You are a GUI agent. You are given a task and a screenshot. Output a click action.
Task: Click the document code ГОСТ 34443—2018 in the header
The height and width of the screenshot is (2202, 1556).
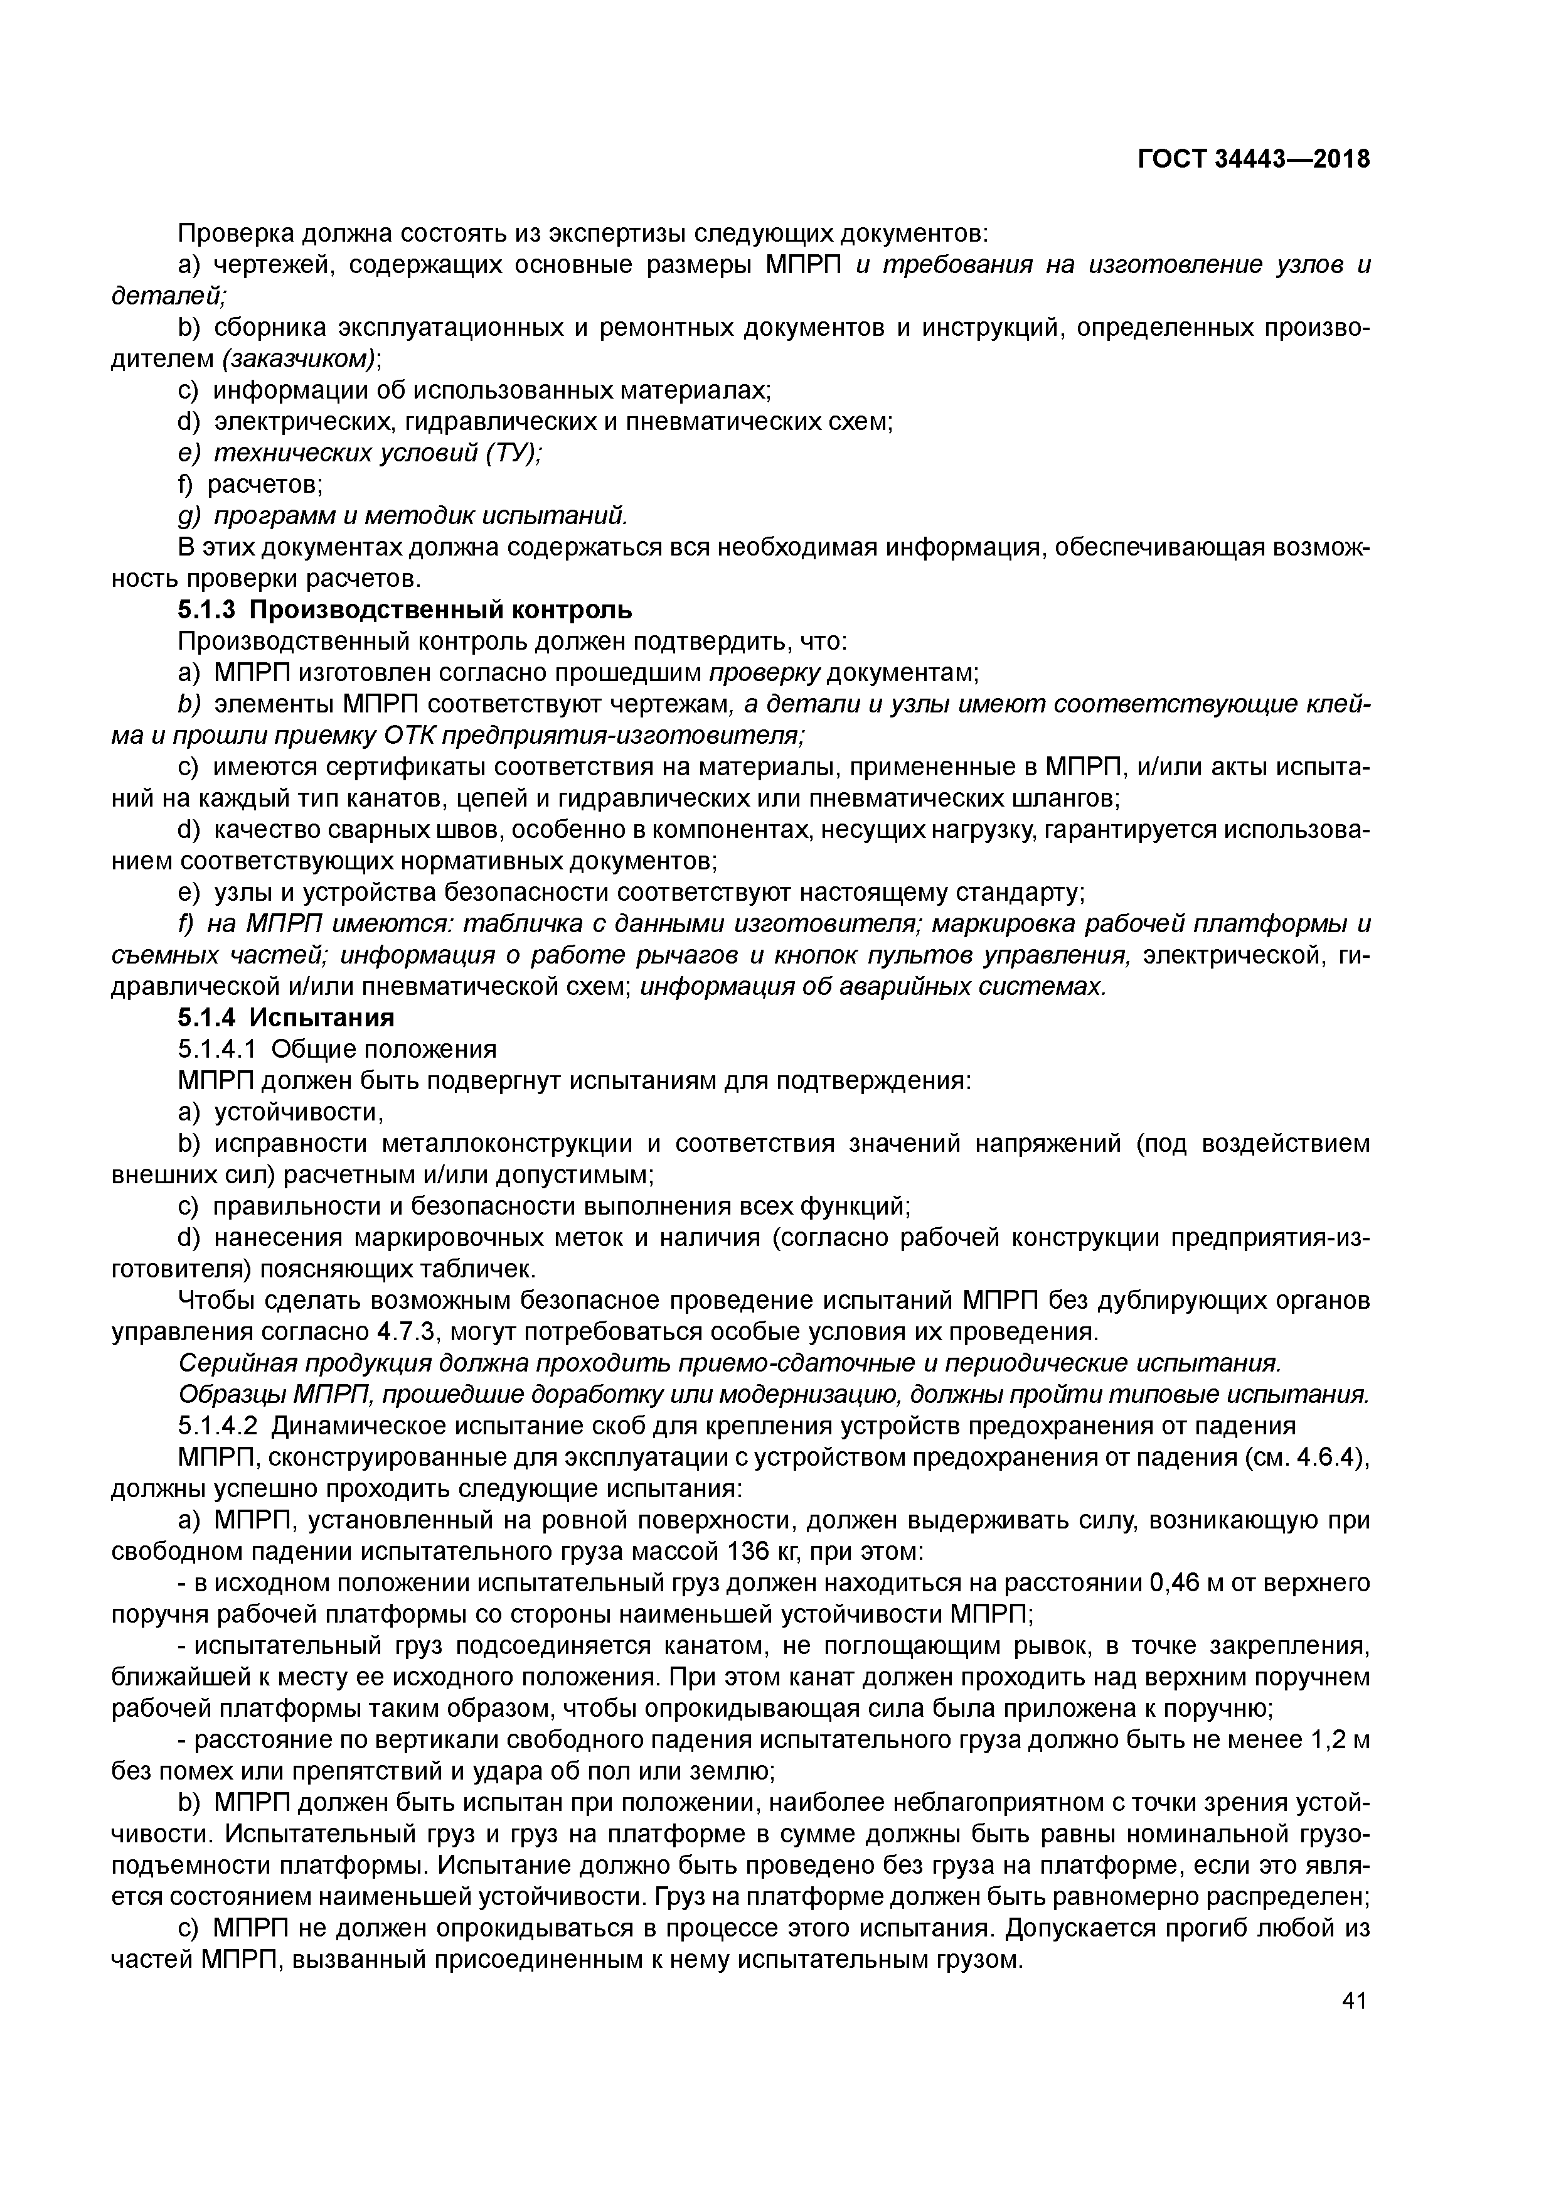[1254, 159]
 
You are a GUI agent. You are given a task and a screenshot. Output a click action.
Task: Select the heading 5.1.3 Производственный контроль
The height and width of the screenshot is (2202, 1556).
[405, 610]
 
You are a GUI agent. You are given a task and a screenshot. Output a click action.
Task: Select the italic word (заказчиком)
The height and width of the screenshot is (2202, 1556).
[299, 358]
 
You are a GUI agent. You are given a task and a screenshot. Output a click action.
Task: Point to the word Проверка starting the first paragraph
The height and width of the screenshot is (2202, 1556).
[237, 233]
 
